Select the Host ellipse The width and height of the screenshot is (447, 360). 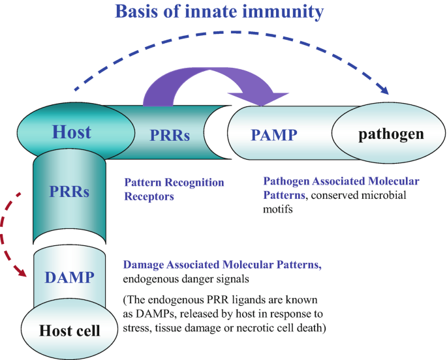pyautogui.click(x=71, y=133)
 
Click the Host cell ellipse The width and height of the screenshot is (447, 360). pyautogui.click(x=70, y=331)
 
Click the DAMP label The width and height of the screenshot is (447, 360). pyautogui.click(x=69, y=277)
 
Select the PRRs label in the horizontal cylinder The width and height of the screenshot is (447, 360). pyautogui.click(x=170, y=136)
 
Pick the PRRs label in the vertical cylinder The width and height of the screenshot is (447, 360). pyautogui.click(x=69, y=192)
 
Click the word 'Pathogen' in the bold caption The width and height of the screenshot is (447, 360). pyautogui.click(x=285, y=181)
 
